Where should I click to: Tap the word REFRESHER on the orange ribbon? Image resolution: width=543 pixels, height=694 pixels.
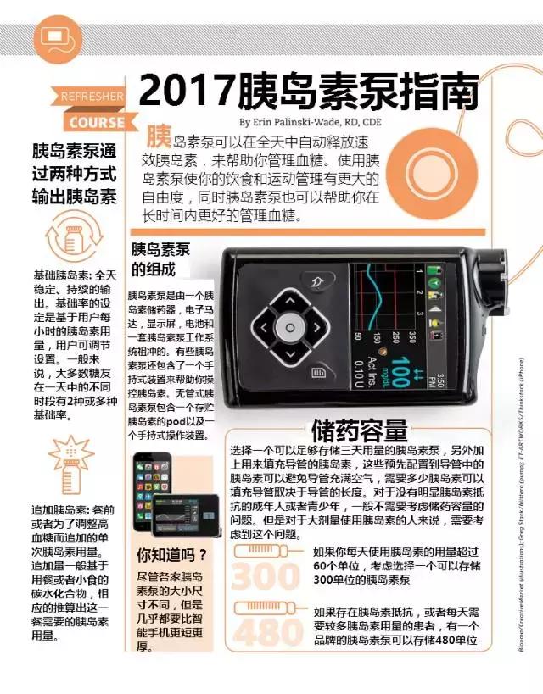point(92,97)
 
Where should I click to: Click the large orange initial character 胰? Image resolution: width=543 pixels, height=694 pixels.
point(160,137)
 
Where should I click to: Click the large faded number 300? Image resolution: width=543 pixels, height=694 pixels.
point(266,576)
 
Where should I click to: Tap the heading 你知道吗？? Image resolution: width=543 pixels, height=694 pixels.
point(172,556)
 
